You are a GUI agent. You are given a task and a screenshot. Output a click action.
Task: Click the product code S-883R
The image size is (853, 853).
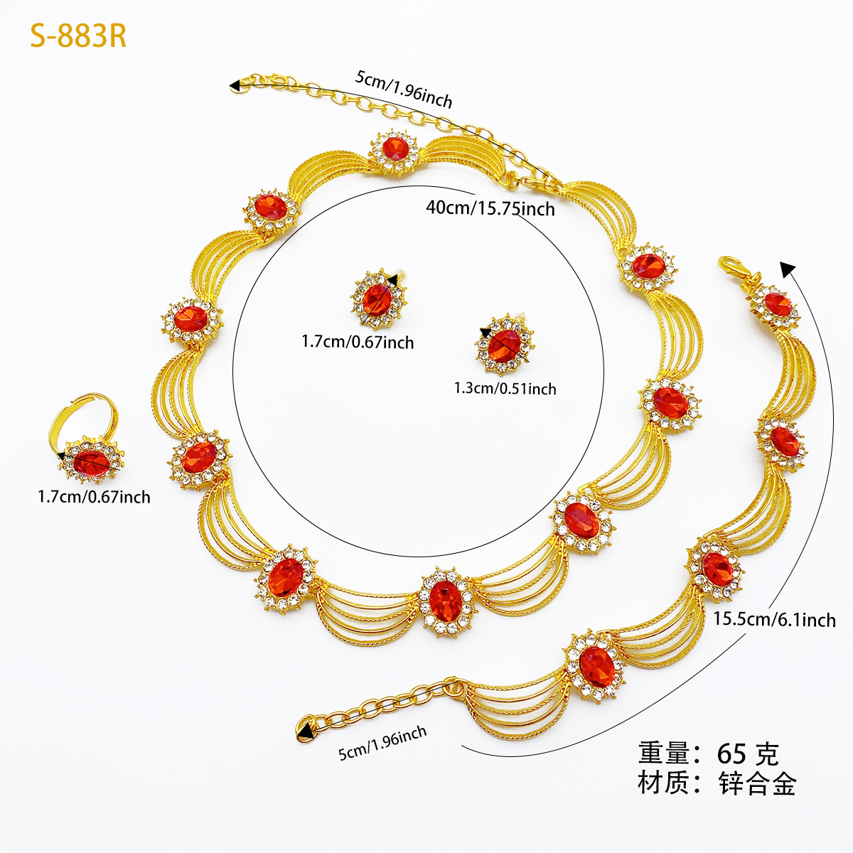pos(78,36)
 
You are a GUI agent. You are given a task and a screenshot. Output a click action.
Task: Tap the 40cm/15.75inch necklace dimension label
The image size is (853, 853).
pos(490,208)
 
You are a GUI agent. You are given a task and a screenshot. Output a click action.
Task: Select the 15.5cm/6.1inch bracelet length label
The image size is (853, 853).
pos(774,619)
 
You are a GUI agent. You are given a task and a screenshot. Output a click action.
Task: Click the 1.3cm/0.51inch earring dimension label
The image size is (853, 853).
pos(505,388)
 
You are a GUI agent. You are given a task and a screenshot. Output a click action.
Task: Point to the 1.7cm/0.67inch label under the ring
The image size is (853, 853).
pos(94,497)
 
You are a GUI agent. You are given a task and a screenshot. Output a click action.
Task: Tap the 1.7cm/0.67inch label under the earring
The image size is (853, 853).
pos(358,342)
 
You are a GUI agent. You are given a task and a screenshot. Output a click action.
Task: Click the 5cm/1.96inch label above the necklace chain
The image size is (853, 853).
pos(404,89)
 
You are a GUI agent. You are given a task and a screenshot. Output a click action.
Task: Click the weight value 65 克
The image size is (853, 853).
pos(748,754)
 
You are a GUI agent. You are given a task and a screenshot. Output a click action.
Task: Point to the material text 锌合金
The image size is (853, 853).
pos(757,784)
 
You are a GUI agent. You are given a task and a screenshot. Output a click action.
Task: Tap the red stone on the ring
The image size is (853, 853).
pos(92,463)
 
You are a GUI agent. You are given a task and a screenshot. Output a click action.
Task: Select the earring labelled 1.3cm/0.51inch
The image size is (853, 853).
pos(505,345)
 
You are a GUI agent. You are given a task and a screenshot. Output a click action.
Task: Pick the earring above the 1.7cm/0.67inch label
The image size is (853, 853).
pos(378,299)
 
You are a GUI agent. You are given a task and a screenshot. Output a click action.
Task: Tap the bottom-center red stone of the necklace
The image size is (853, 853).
pos(446,601)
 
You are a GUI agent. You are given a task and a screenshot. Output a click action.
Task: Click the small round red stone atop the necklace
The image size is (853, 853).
pos(395,149)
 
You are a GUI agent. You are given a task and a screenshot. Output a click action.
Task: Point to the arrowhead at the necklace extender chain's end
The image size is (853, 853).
pos(234,85)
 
